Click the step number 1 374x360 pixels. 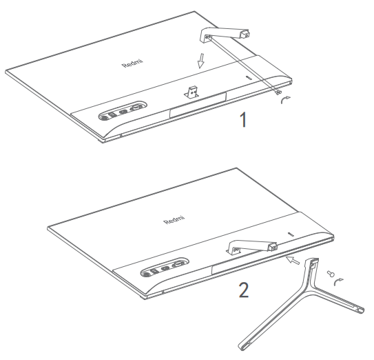[243, 119]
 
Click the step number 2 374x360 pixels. [244, 290]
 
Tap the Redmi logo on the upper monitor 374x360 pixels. [133, 63]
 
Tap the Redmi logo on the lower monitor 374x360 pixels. [174, 220]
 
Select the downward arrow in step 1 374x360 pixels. [201, 61]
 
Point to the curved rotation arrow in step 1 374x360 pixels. [285, 99]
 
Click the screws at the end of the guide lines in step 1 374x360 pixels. [278, 92]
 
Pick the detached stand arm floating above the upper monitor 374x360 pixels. [225, 34]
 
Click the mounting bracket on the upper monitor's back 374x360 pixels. [192, 92]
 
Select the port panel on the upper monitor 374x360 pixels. [123, 110]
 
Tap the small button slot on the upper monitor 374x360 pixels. [249, 78]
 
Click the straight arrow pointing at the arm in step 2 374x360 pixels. [293, 260]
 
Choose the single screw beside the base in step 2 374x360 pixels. [331, 274]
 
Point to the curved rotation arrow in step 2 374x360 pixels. [338, 282]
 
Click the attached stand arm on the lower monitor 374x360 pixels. [251, 247]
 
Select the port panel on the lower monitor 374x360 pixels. [165, 267]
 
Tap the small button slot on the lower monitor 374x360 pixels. [291, 234]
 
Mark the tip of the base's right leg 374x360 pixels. [361, 310]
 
